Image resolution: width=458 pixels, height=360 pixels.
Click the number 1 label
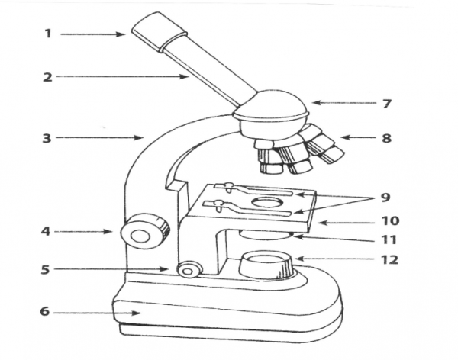point(48,34)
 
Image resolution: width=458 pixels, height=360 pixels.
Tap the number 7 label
point(387,104)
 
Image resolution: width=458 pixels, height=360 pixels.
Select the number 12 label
point(389,259)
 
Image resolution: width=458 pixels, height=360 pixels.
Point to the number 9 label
point(385,198)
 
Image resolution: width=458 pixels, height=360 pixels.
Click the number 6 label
point(45,312)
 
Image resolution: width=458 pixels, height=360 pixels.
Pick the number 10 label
point(391,220)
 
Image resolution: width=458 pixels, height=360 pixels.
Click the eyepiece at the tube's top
point(160,31)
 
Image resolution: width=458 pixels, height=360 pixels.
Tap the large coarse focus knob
point(145,231)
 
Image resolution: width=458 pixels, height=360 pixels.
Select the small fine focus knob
point(189,270)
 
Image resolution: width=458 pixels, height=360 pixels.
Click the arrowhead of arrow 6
point(137,313)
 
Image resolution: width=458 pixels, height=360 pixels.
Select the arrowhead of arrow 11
point(296,236)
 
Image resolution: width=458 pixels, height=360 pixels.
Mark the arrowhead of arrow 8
point(345,137)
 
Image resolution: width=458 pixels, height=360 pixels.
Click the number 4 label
point(46,232)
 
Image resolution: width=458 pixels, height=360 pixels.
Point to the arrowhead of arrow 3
point(138,137)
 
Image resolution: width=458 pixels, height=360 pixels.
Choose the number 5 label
point(45,269)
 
